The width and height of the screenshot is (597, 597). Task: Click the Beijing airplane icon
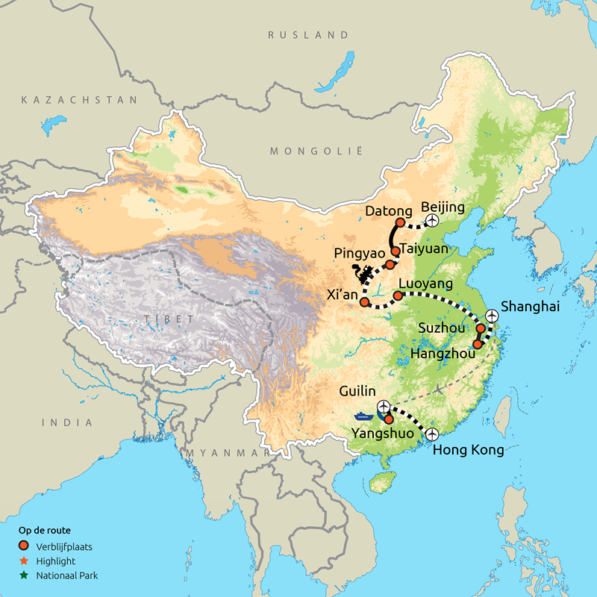431,221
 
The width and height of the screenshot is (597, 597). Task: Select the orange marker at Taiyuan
396,251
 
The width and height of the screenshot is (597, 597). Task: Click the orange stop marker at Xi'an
364,302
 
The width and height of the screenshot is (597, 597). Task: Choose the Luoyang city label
425,284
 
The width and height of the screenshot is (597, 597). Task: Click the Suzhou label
443,327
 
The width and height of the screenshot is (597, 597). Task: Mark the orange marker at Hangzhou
478,344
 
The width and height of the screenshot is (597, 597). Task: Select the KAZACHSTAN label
80,99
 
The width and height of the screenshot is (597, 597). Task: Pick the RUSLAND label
308,35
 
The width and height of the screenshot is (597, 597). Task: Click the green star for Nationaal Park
23,575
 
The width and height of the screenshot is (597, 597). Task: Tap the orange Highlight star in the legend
23,560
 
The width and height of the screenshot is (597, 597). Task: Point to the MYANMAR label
228,453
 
